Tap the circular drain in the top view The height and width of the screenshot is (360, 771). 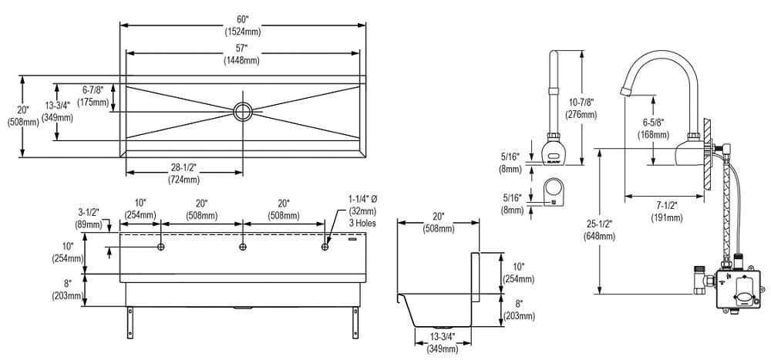coord(244,110)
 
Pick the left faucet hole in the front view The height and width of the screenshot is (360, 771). coord(160,247)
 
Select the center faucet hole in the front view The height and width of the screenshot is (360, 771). coord(243,247)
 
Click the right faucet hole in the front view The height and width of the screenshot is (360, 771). coord(325,247)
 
